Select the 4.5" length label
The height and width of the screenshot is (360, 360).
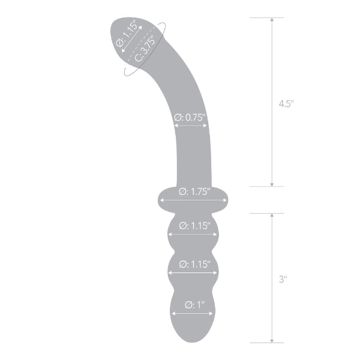coord(286,103)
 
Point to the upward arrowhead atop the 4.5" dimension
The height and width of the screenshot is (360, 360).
coord(272,21)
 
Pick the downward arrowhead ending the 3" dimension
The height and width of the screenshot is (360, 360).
coord(272,340)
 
